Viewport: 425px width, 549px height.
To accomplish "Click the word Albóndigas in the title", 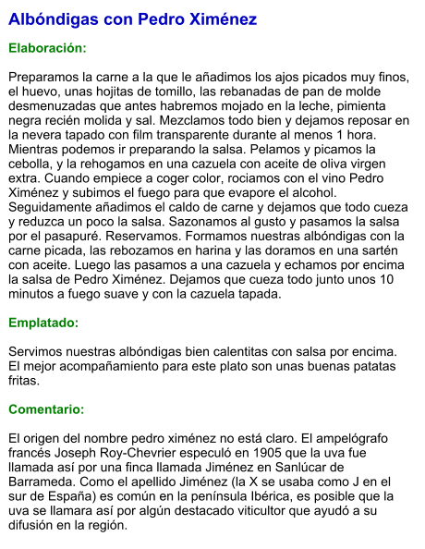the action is coord(51,19).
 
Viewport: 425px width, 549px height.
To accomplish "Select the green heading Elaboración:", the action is coord(47,46).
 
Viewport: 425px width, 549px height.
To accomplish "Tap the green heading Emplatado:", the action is coord(43,323).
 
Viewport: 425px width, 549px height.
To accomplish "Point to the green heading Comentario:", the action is coord(46,409).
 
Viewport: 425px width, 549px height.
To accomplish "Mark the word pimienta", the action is coord(381,105).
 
